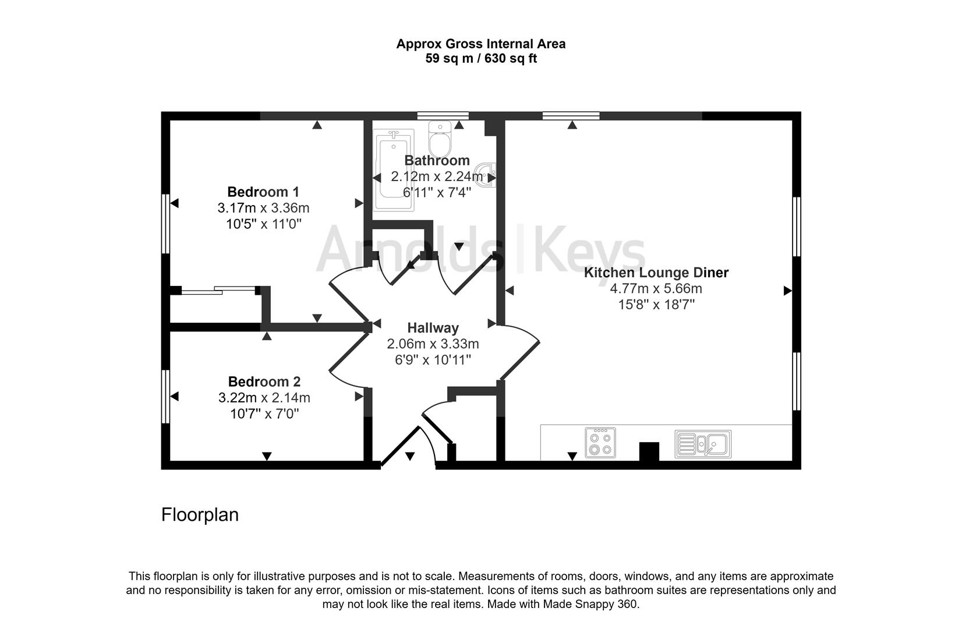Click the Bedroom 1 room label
[x=263, y=192]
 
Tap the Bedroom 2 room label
[x=264, y=381]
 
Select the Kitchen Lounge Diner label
[x=656, y=272]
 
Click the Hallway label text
[x=433, y=328]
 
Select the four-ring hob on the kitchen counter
[x=600, y=443]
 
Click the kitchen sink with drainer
[x=703, y=444]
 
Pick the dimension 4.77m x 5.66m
[x=656, y=288]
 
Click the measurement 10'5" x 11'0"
[x=263, y=224]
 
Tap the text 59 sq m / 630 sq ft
[x=481, y=58]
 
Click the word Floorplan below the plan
[x=200, y=515]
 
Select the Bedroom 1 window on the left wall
[x=165, y=224]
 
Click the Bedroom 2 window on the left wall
[x=165, y=397]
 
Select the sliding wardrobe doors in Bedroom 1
[x=219, y=289]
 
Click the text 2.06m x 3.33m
[x=433, y=344]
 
